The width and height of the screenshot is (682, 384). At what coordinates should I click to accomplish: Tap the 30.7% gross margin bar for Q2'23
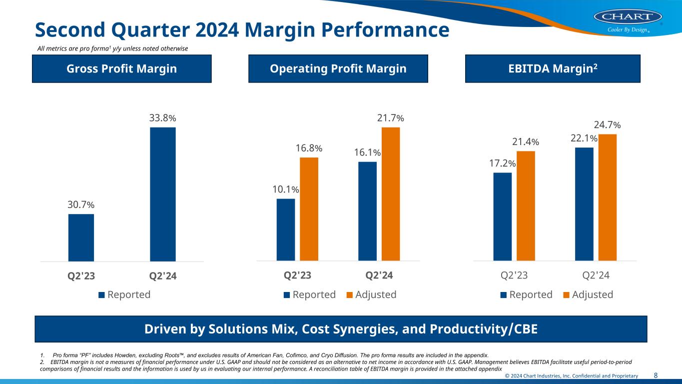click(x=81, y=237)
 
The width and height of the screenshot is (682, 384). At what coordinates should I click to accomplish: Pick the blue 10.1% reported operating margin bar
click(x=286, y=229)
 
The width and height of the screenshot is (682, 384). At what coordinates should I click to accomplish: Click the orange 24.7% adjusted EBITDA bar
click(x=608, y=197)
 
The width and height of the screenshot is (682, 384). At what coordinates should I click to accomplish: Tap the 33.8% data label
click(x=162, y=118)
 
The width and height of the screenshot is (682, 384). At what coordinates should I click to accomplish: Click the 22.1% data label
click(x=584, y=138)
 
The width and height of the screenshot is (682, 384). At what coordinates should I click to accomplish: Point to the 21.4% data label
click(x=526, y=142)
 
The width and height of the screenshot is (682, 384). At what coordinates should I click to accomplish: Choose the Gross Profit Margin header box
click(x=122, y=68)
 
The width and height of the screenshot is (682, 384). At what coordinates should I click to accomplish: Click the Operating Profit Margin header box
click(x=338, y=68)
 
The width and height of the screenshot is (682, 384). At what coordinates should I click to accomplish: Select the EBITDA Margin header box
click(x=553, y=68)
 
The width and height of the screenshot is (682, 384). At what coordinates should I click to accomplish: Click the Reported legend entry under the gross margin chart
click(x=125, y=294)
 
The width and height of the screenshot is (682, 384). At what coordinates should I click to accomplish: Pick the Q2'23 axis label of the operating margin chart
click(x=297, y=275)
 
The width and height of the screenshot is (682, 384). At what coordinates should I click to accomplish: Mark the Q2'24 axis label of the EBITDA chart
click(x=596, y=275)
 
